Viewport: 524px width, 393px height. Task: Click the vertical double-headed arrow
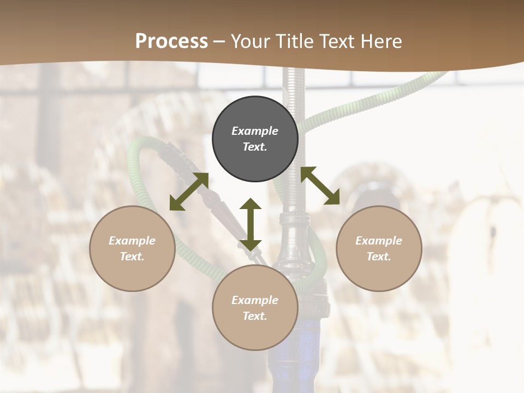(251, 224)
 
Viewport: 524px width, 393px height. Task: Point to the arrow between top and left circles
(189, 192)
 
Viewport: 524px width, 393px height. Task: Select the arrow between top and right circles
(320, 186)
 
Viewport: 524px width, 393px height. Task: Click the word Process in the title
(171, 41)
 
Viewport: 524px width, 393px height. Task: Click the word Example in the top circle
(255, 131)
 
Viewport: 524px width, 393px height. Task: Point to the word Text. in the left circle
(132, 257)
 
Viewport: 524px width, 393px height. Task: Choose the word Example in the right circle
(379, 241)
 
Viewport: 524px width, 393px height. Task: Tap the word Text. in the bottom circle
(255, 316)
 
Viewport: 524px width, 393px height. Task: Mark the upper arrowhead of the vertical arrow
(251, 204)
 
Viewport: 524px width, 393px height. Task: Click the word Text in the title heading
(338, 41)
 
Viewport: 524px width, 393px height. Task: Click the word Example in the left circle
(132, 241)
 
